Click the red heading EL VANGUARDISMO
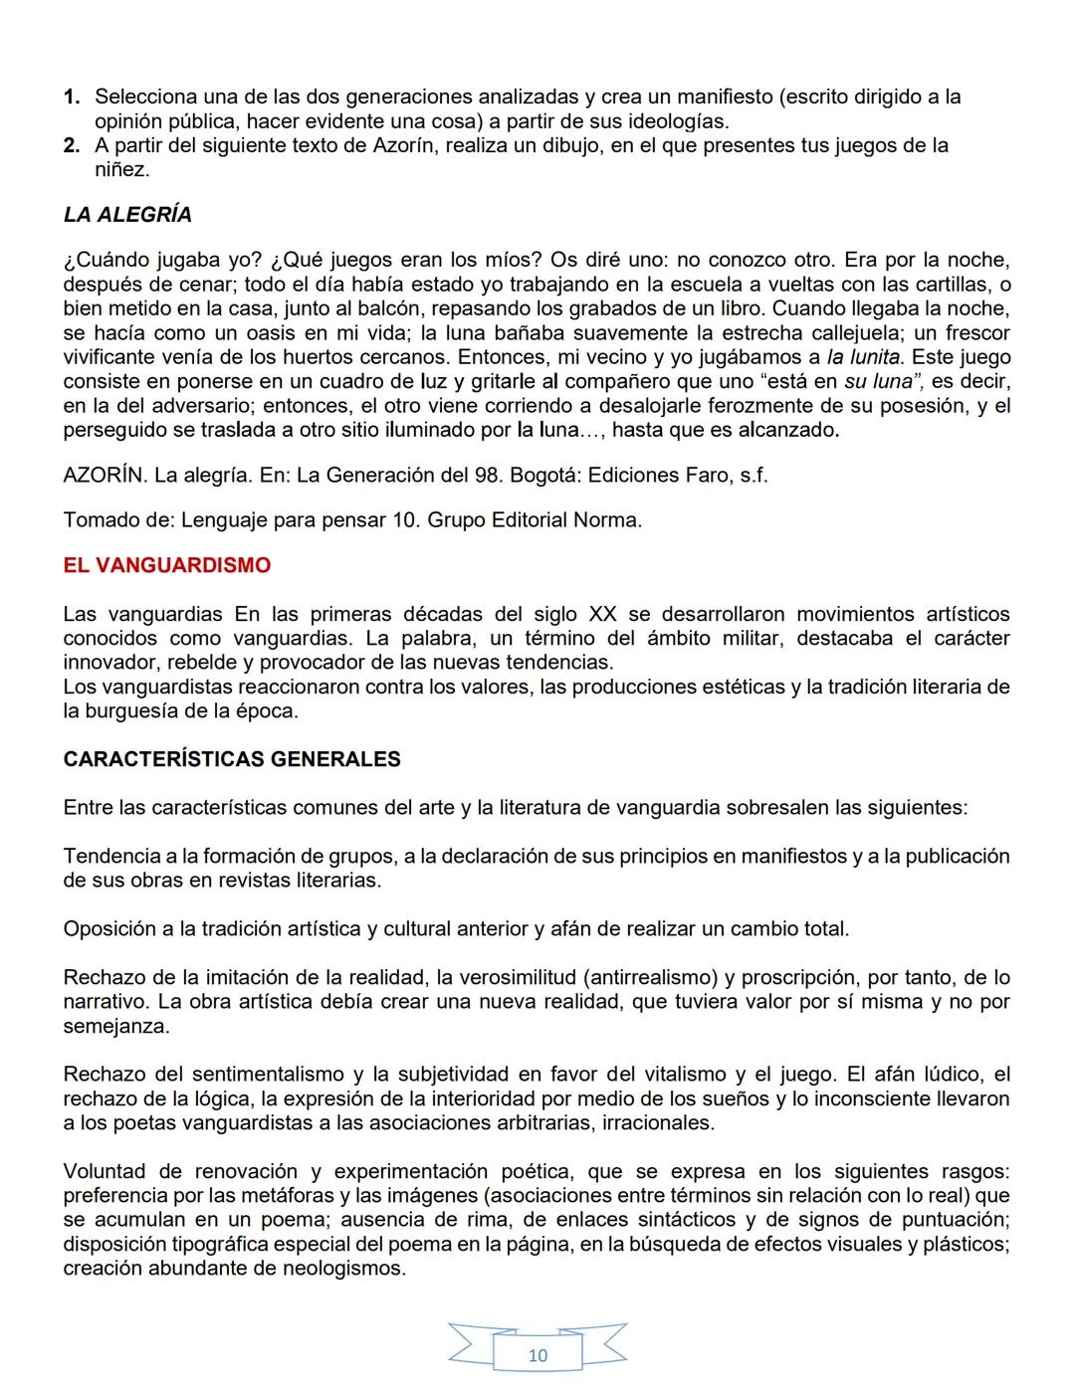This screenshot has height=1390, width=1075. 166,565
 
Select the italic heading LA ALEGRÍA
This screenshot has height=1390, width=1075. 127,215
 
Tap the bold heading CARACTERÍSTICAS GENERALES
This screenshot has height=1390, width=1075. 231,759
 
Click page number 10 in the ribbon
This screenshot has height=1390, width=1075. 537,1354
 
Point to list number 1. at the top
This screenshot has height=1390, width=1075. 72,98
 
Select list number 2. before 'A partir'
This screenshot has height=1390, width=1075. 72,146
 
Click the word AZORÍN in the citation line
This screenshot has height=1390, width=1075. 105,475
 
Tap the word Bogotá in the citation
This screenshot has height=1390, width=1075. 544,475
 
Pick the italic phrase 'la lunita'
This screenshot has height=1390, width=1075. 863,357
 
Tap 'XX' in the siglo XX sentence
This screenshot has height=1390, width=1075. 602,614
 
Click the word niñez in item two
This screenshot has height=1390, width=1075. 121,170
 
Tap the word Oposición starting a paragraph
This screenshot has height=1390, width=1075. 108,929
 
